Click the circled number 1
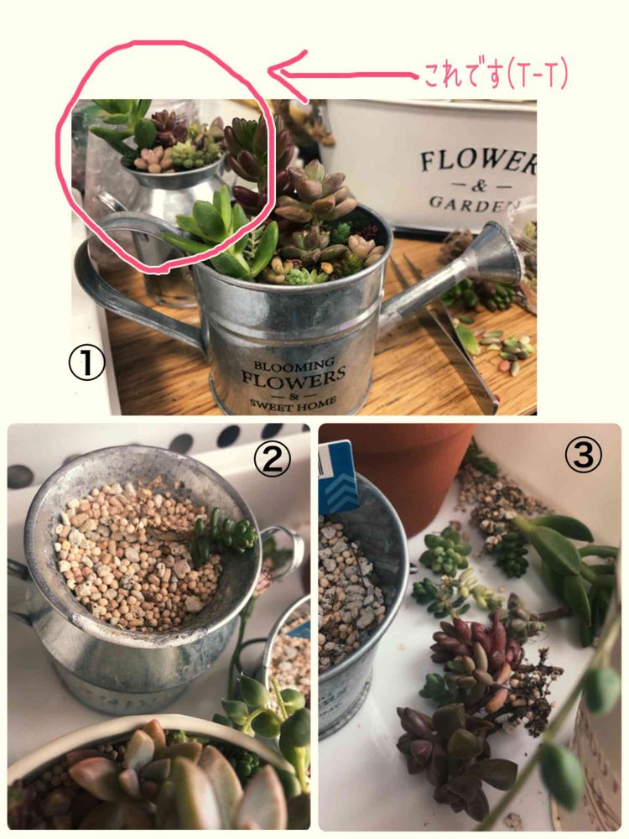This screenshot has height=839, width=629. [86, 362]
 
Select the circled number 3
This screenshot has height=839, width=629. [584, 456]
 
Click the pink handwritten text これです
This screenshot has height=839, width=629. [465, 76]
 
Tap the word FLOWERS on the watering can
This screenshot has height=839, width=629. [294, 378]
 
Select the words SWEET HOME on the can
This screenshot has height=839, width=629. [294, 403]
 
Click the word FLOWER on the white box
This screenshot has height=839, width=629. [478, 162]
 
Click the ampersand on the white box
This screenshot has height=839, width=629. [479, 185]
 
